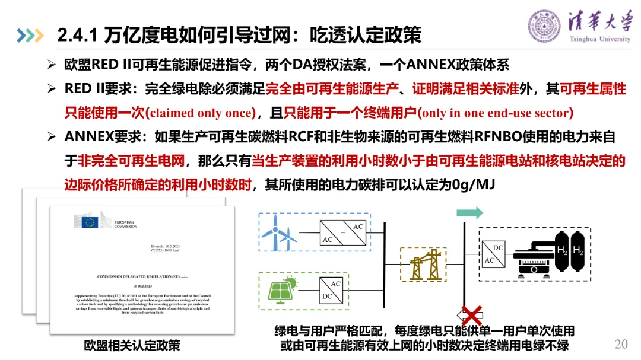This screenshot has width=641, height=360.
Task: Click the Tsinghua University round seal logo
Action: pos(544,26)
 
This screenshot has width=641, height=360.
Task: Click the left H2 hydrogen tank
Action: pos(561,250)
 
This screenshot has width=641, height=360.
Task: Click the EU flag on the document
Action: pos(90,222)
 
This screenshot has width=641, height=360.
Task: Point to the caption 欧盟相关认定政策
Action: pos(132,345)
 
